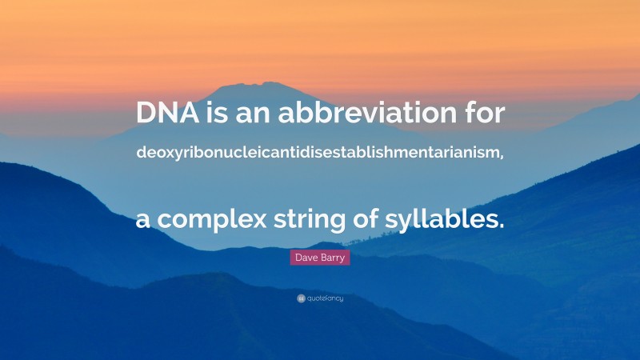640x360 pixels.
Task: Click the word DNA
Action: click(x=163, y=114)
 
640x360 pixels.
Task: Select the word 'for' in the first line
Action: click(x=484, y=114)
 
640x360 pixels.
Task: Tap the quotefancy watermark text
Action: click(x=326, y=298)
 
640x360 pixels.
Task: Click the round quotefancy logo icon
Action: click(x=302, y=298)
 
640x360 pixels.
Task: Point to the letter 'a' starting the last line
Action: click(x=143, y=218)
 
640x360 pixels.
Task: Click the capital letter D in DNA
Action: click(x=146, y=114)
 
